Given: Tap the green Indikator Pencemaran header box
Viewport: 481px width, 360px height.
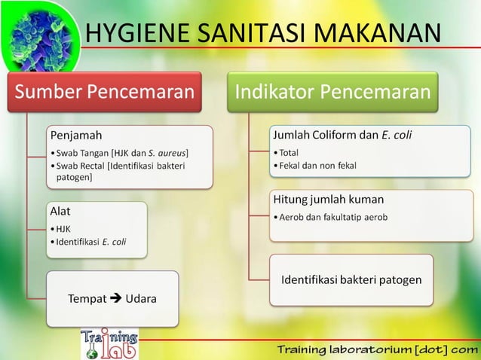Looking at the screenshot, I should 332,93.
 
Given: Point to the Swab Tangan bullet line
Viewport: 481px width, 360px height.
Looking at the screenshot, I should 121,154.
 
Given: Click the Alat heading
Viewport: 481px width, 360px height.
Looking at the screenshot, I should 60,212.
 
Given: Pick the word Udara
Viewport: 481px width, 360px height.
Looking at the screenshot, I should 141,299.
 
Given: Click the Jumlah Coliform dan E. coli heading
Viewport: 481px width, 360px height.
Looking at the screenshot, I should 342,136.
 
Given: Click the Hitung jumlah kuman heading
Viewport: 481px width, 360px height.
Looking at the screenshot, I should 328,200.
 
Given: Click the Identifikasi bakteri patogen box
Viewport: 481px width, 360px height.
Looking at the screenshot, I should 351,280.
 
